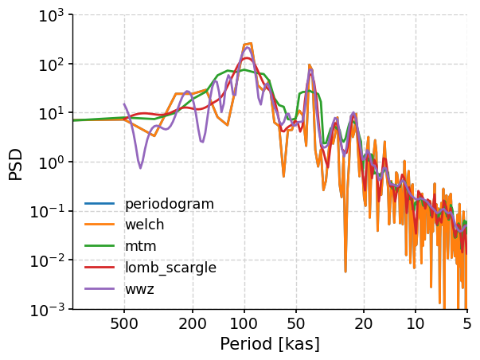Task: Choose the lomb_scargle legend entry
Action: (x=170, y=268)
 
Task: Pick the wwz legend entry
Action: (x=140, y=289)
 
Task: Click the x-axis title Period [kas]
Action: (x=269, y=344)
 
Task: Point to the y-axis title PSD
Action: (x=16, y=162)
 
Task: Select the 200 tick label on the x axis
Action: (x=193, y=325)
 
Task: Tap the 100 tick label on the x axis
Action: (x=244, y=325)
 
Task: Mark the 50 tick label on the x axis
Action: (x=296, y=325)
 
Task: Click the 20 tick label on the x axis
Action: (x=364, y=325)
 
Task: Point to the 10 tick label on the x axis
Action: (x=416, y=325)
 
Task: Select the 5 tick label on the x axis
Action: (x=466, y=325)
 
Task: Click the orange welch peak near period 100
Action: (x=248, y=44)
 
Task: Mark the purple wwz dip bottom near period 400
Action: (x=140, y=167)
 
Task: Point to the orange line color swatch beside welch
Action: (x=100, y=225)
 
